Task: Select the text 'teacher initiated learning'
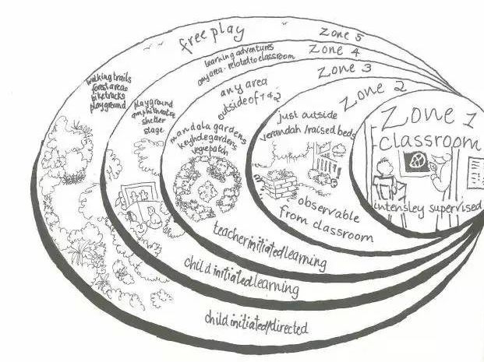pos(269,244)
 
